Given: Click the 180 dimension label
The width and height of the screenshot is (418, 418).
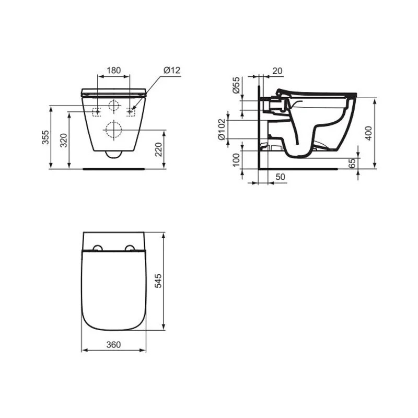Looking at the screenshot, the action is point(114,71).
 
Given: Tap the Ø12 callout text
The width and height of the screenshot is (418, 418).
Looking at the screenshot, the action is point(172,71).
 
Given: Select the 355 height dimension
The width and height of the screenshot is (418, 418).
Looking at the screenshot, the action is point(45,137).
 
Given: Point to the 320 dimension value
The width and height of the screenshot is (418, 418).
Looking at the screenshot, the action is point(64,141).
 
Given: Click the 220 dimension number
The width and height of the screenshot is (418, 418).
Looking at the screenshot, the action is point(159,149).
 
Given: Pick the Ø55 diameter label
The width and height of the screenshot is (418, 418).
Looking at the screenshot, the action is point(237,85).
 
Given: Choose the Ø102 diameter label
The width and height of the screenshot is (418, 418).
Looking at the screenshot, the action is point(222,129).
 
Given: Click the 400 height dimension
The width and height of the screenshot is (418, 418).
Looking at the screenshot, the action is point(368,133).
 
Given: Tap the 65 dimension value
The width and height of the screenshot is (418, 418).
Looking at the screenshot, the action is point(352,163).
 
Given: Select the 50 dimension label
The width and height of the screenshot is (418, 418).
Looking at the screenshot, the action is point(280,177).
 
